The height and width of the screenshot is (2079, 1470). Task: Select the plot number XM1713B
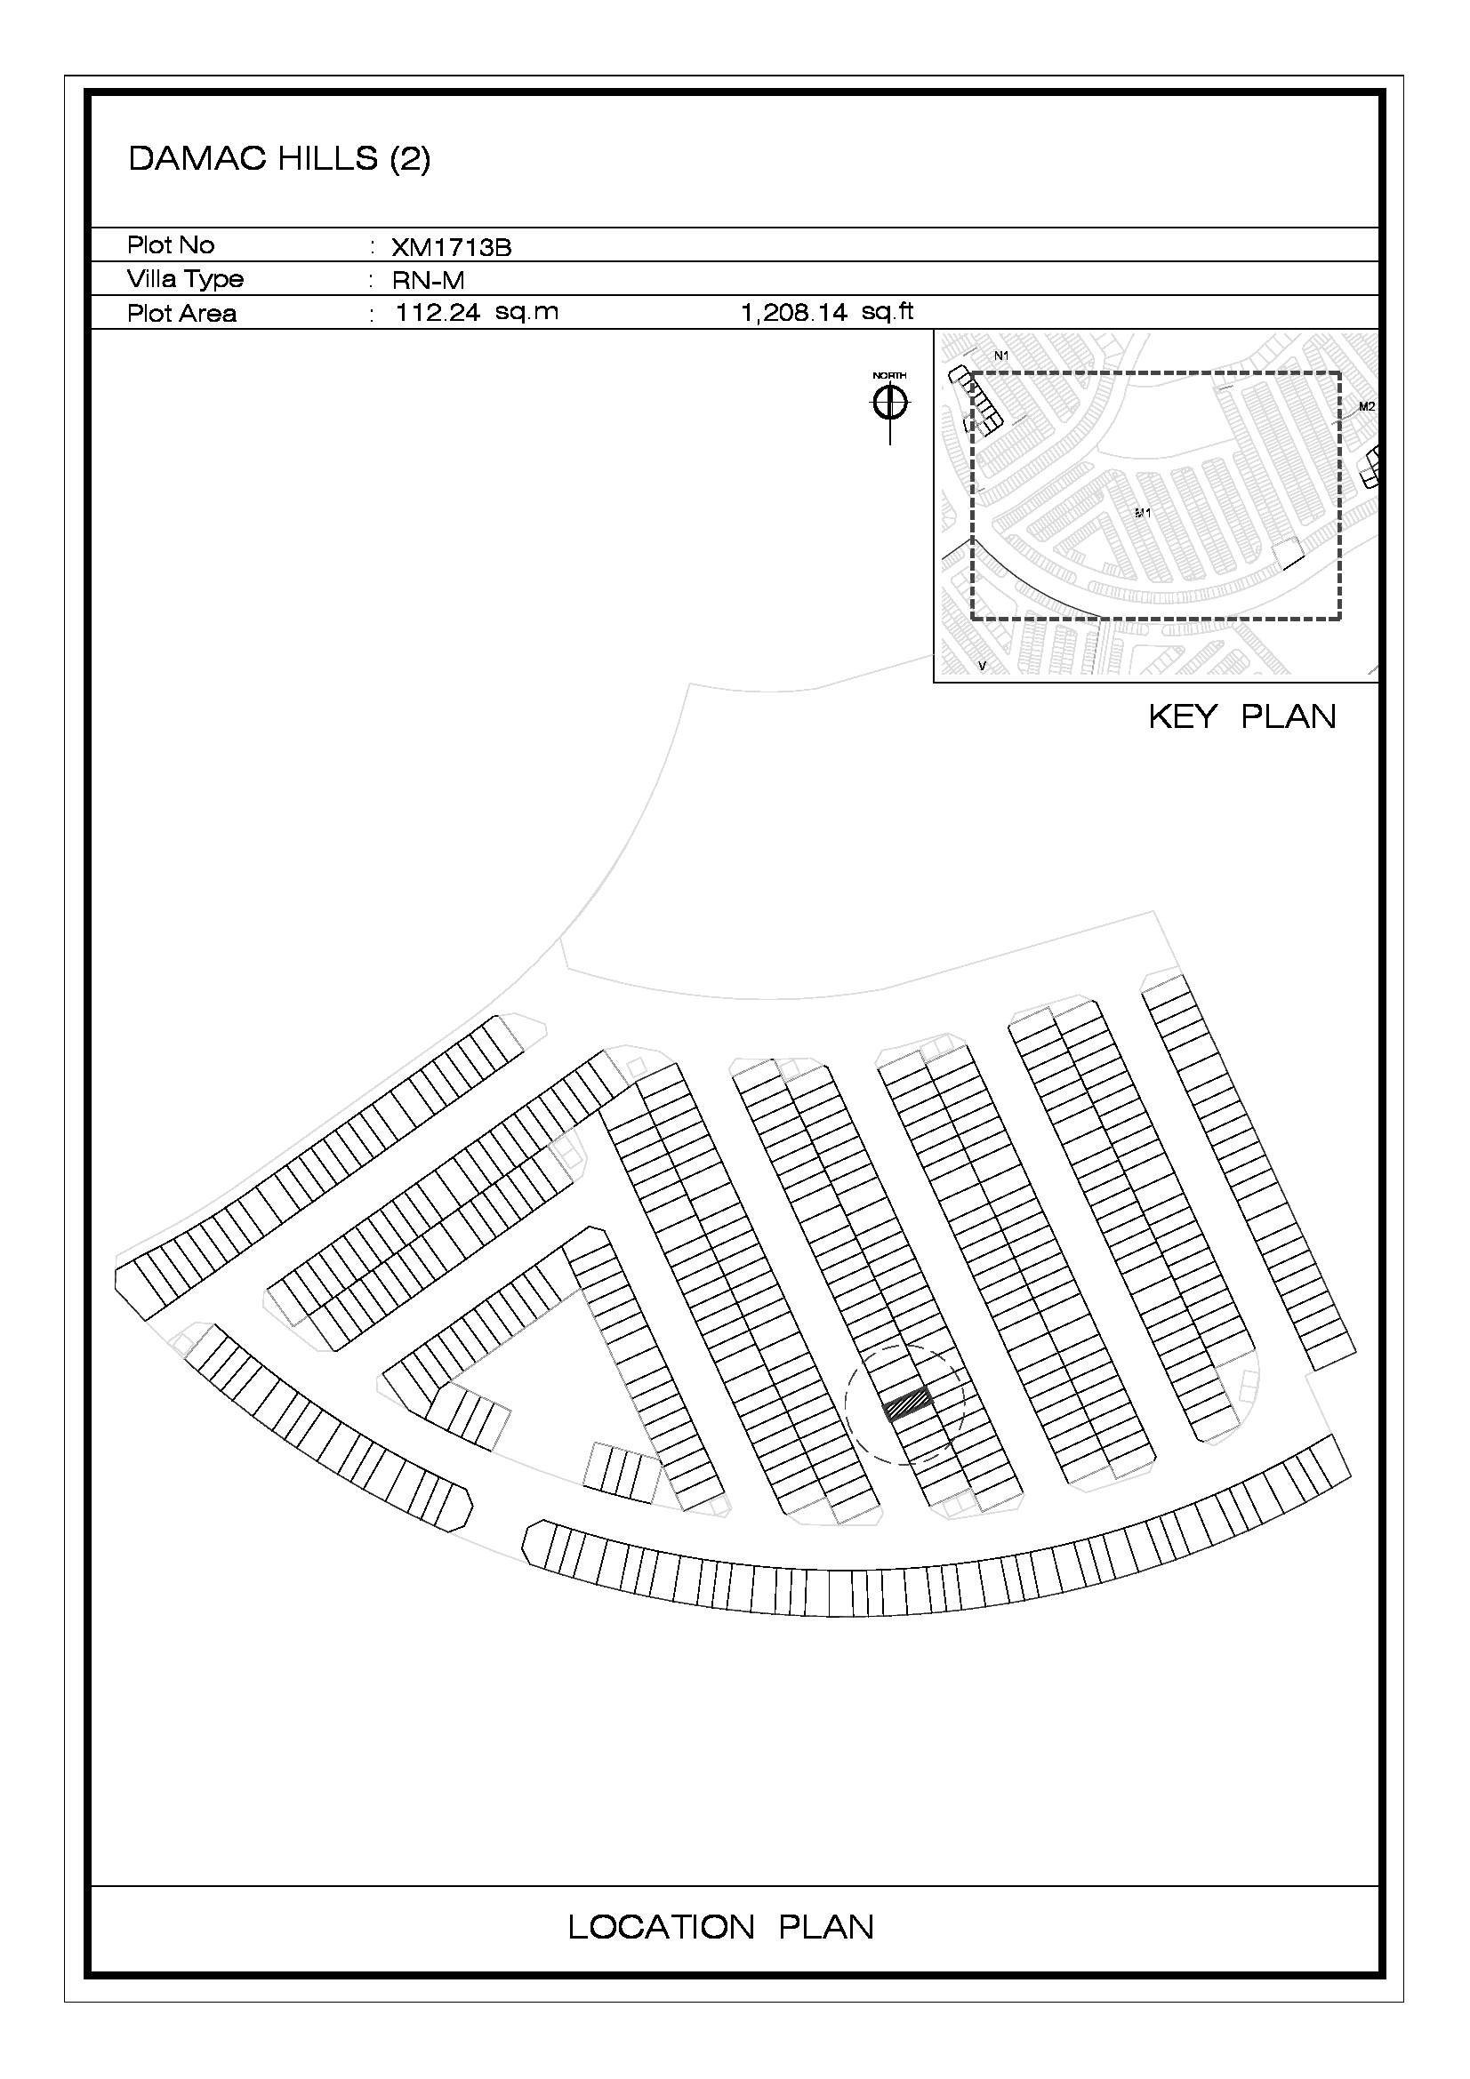(451, 247)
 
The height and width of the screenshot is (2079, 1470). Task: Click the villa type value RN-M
(428, 281)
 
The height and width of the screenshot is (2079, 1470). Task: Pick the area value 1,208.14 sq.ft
(827, 312)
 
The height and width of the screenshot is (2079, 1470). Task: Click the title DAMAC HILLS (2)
(279, 158)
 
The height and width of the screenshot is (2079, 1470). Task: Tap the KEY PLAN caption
(1241, 716)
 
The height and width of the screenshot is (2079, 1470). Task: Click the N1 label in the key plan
(1000, 356)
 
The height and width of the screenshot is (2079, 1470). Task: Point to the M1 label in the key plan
(1143, 513)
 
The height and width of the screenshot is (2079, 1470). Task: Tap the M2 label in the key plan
(1367, 406)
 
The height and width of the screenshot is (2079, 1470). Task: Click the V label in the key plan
(983, 667)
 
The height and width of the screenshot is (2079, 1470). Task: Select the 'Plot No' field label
(170, 245)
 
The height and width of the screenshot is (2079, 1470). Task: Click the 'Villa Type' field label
(185, 279)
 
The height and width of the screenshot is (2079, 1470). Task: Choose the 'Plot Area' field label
(181, 313)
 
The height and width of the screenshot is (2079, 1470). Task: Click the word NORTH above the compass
(889, 375)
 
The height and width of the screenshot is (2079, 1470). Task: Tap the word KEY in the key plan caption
(1182, 716)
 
